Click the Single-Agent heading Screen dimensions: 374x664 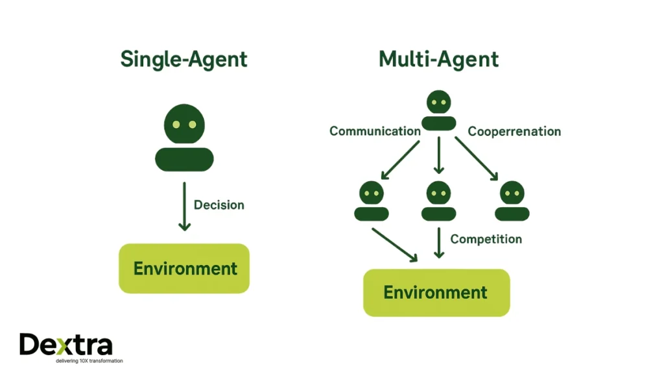pos(184,60)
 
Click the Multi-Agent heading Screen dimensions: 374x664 pos(438,60)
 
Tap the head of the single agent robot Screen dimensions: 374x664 pos(184,124)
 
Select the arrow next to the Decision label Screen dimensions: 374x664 pos(185,206)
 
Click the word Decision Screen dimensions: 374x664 pos(219,205)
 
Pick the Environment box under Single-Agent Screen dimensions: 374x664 pos(185,268)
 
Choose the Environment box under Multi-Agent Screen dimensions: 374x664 pos(436,292)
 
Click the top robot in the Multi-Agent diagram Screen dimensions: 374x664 pos(439,110)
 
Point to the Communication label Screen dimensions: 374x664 pos(375,131)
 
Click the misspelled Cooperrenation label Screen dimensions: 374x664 pos(514,131)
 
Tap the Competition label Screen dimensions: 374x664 pos(486,239)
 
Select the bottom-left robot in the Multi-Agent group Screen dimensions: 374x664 pos(372,201)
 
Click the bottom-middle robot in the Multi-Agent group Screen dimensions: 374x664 pos(439,201)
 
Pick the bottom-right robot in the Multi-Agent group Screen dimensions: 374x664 pos(512,201)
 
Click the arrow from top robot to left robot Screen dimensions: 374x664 pos(400,159)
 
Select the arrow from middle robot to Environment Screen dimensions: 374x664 pos(439,242)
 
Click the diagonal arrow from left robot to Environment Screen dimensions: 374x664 pos(394,244)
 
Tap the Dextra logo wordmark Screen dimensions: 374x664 pos(65,345)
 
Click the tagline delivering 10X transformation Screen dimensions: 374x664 pos(71,361)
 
